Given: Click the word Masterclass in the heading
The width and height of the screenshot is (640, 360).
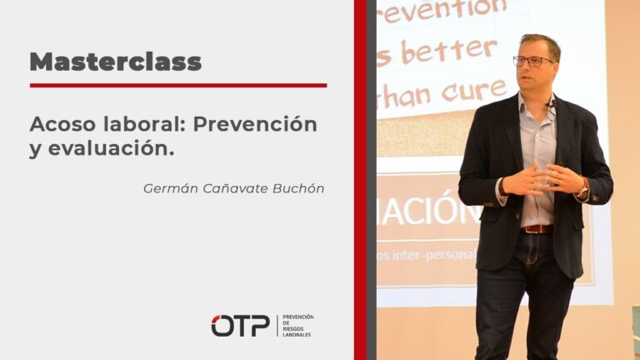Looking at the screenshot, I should [x=115, y=61].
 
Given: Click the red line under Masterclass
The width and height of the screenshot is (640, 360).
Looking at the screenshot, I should [x=177, y=85].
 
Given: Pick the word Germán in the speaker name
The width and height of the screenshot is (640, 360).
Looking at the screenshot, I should [x=169, y=188].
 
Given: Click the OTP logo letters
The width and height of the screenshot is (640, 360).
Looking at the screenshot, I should [x=240, y=326].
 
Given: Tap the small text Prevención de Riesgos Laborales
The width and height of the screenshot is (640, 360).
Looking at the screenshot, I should [x=298, y=326].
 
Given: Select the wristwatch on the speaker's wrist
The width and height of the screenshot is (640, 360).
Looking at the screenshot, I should [x=583, y=192].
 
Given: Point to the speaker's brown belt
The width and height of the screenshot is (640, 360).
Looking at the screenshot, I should [x=537, y=228].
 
